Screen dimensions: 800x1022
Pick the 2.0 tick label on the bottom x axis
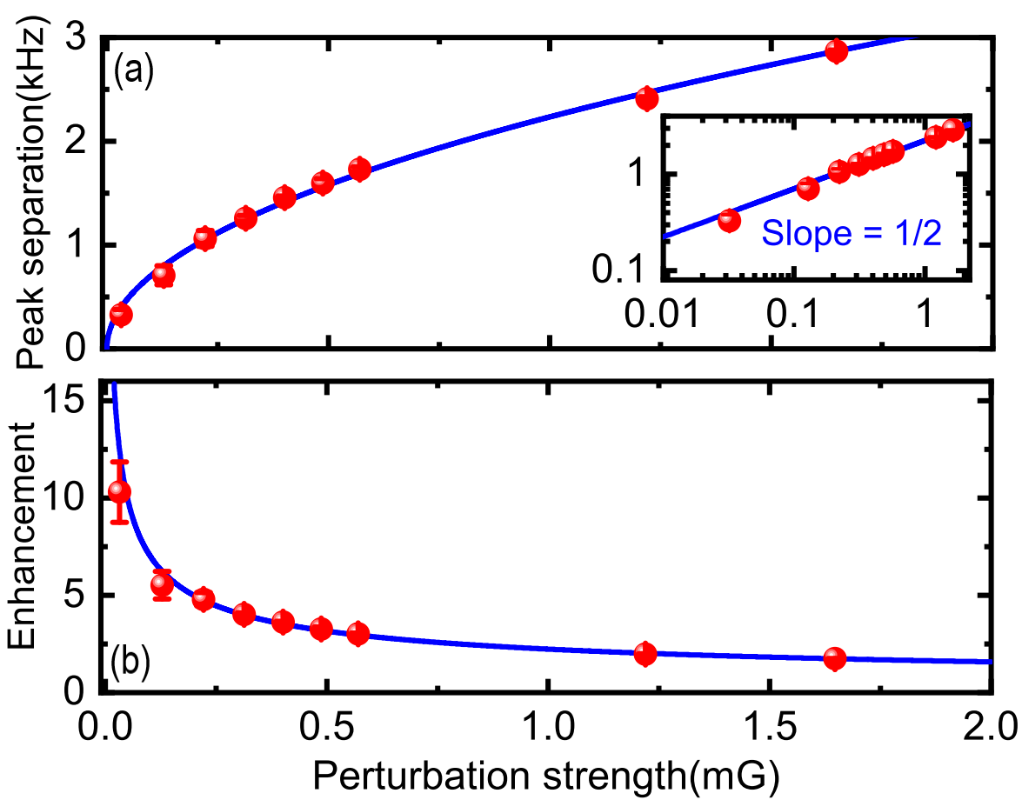point(990,724)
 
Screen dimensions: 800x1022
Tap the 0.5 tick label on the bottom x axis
point(326,724)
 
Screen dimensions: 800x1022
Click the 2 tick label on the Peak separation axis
point(75,141)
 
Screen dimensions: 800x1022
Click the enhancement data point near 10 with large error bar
point(119,492)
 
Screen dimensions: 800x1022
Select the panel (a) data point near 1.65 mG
point(837,51)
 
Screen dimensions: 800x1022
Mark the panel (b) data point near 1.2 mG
point(645,654)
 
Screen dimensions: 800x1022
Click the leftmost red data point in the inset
point(729,220)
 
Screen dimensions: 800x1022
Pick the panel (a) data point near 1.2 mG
point(646,97)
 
